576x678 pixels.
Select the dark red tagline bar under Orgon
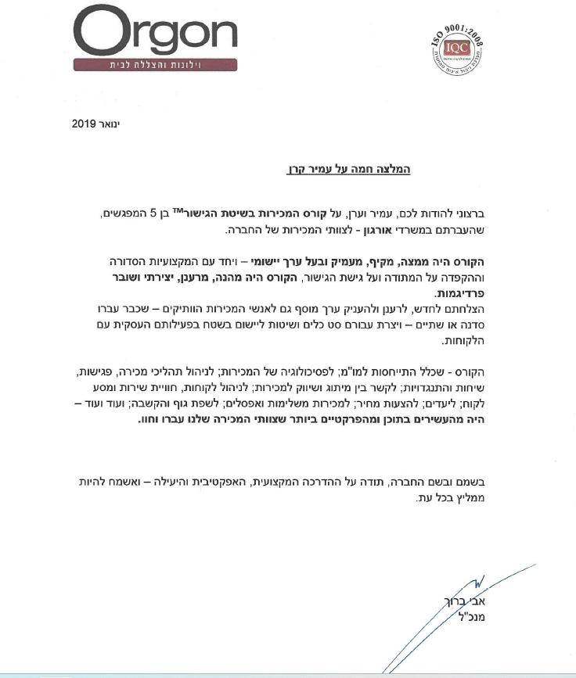click(156, 64)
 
